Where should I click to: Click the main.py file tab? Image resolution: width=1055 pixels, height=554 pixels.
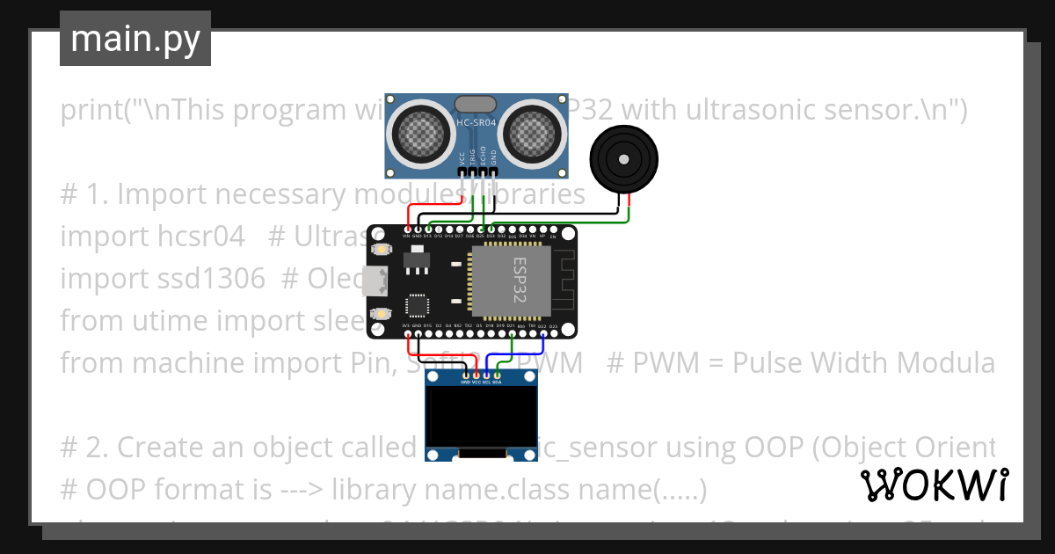pos(135,39)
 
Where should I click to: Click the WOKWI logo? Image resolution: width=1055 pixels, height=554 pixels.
pos(934,485)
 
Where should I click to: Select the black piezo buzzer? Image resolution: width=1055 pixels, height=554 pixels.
pos(622,159)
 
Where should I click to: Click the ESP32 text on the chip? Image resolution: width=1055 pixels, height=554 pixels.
pos(513,280)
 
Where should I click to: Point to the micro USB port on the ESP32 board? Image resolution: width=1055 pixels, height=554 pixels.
pos(377,281)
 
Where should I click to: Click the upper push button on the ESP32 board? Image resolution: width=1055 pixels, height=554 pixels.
pos(382,251)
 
